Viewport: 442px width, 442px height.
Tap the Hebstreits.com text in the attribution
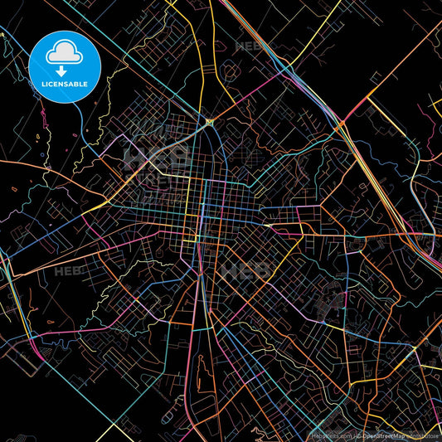(x=331, y=435)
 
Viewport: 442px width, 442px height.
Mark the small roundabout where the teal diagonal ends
(x=211, y=121)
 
